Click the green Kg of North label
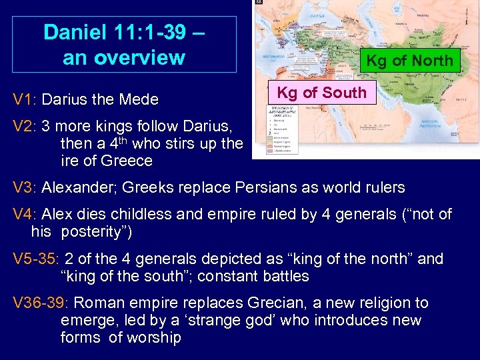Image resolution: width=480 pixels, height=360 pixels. click(x=409, y=61)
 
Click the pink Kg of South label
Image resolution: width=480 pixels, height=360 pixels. click(x=321, y=93)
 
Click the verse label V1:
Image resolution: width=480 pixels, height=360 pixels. click(x=25, y=100)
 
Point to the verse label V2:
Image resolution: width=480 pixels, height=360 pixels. click(x=25, y=126)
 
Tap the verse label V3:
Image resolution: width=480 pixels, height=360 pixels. click(x=25, y=187)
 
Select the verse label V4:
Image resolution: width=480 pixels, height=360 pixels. click(x=25, y=214)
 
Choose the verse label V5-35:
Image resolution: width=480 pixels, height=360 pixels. click(x=36, y=259)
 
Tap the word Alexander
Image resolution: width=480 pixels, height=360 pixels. click(x=75, y=187)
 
